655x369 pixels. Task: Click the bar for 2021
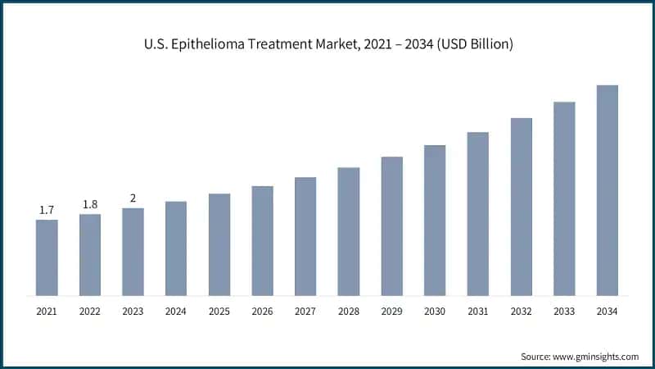[47, 257]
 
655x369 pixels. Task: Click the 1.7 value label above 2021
[47, 211]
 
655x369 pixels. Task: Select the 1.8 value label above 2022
[90, 205]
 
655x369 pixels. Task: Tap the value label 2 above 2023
[133, 198]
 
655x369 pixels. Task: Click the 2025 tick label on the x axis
[219, 312]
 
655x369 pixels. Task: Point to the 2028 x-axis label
[349, 312]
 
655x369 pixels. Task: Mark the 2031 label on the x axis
[478, 312]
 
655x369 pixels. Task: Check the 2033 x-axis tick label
[564, 312]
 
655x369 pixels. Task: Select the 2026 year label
[262, 312]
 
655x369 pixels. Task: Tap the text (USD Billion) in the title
[470, 45]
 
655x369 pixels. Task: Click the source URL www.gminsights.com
[597, 357]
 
